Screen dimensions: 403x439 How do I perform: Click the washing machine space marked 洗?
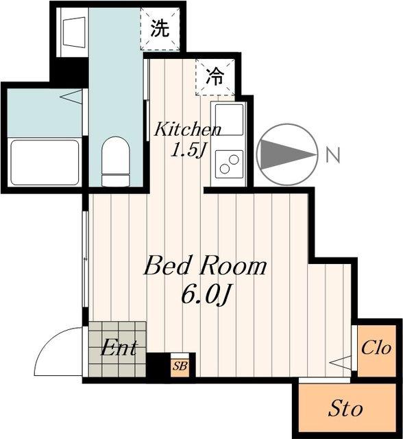click(x=160, y=29)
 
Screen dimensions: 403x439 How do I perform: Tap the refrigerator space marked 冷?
click(x=215, y=77)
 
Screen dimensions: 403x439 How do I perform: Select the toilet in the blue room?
click(x=116, y=161)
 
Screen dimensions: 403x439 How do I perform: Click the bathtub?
click(x=45, y=163)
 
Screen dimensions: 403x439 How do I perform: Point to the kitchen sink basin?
click(x=229, y=119)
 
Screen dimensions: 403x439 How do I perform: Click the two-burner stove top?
click(x=229, y=165)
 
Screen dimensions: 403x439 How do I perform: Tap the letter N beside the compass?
click(x=333, y=155)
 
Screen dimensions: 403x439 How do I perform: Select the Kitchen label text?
click(x=188, y=129)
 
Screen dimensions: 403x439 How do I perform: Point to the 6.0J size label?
click(x=206, y=296)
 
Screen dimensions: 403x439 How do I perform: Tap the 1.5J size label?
click(x=188, y=151)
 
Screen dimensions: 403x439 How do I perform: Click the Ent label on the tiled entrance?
click(x=119, y=348)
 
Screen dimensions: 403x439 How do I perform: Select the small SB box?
click(x=180, y=366)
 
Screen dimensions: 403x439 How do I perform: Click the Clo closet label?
click(x=376, y=348)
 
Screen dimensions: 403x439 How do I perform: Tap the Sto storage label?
click(x=345, y=409)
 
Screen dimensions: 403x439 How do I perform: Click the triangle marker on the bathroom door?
click(x=71, y=97)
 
